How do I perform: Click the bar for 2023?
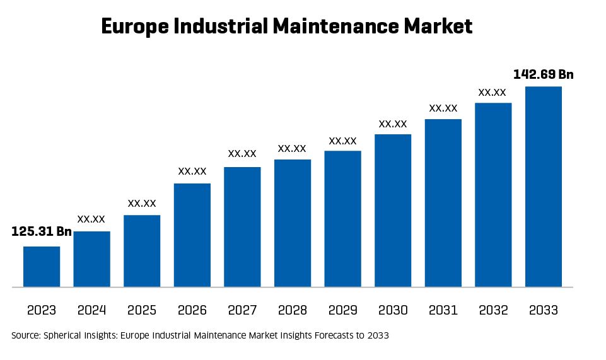click(42, 267)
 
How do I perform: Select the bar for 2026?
click(192, 235)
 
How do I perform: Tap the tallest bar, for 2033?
click(544, 187)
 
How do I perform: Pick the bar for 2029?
click(343, 219)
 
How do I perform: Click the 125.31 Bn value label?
click(42, 232)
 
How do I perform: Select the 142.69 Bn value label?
click(544, 75)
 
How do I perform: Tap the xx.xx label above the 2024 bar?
click(91, 219)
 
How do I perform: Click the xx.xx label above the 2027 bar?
click(242, 153)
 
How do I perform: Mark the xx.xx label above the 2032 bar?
click(492, 92)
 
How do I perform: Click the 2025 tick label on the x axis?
click(142, 310)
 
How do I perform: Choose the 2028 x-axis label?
click(293, 310)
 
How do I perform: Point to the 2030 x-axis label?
click(393, 310)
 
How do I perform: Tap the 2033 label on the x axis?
click(544, 310)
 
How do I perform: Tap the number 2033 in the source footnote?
click(378, 336)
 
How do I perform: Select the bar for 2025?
click(142, 251)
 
